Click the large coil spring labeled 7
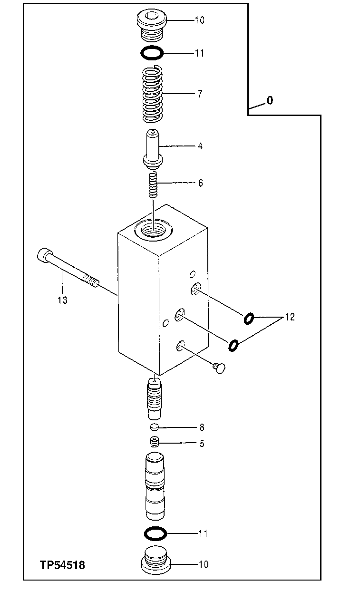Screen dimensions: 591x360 click(153, 94)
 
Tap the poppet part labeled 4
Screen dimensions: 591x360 click(153, 149)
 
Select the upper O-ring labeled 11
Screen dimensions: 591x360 click(152, 53)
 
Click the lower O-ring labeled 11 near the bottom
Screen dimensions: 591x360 click(156, 534)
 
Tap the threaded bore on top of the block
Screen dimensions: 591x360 click(153, 229)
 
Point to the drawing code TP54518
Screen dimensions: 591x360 click(62, 565)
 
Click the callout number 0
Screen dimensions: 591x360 click(270, 101)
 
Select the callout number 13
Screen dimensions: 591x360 click(62, 300)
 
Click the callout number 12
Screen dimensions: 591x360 click(289, 317)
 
